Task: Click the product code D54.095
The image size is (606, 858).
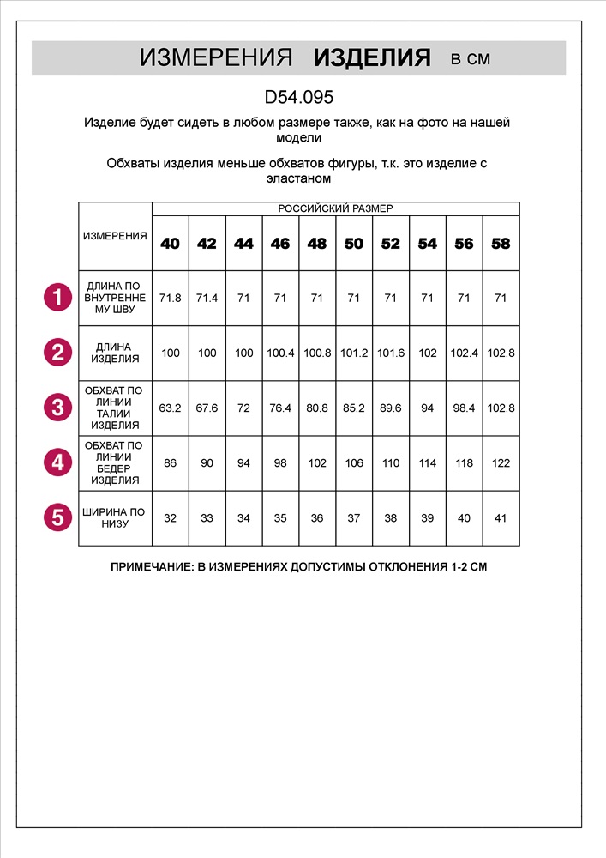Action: point(299,98)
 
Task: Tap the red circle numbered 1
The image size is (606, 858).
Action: point(57,298)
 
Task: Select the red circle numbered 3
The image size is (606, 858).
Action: point(57,407)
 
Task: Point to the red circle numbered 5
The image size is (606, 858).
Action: point(57,517)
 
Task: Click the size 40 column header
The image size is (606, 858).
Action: point(171,244)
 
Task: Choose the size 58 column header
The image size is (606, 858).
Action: point(501,244)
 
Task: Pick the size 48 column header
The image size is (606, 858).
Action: point(317,244)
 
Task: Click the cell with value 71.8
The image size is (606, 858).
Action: point(171,298)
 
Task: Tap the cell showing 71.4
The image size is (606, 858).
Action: point(207,298)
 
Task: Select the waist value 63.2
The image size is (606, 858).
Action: point(171,408)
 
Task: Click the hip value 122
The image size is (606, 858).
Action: point(501,462)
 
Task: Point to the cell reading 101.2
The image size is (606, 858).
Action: point(354,353)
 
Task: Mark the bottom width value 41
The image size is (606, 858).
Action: point(501,517)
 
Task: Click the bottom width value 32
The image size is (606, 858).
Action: point(171,517)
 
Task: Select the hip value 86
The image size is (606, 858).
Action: point(171,462)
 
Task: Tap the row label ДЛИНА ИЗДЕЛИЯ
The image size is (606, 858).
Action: point(114,353)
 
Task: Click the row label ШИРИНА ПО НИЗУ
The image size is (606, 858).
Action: point(114,517)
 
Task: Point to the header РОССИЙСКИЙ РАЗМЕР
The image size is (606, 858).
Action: point(335,208)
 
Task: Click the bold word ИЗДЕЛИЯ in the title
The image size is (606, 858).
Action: point(372,57)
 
